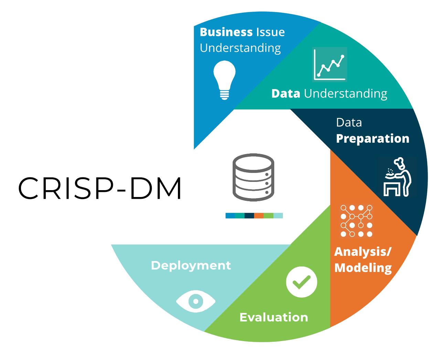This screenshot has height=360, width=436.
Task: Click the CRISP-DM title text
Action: pyautogui.click(x=100, y=188)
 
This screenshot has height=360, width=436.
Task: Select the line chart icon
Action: pyautogui.click(x=330, y=65)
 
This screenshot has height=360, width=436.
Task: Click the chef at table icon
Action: pyautogui.click(x=397, y=177)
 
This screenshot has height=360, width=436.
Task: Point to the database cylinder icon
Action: pyautogui.click(x=253, y=177)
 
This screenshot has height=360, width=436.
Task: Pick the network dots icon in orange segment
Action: pyautogui.click(x=356, y=221)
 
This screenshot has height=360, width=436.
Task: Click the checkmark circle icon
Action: pyautogui.click(x=301, y=282)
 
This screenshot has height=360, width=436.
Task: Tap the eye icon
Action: pyautogui.click(x=196, y=301)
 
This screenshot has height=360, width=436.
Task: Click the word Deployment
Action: pyautogui.click(x=191, y=265)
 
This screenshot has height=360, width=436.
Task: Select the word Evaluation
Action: pyautogui.click(x=274, y=317)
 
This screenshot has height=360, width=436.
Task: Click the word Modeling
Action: pyautogui.click(x=363, y=268)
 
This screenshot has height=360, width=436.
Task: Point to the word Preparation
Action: pyautogui.click(x=372, y=139)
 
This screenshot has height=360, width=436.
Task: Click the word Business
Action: pyautogui.click(x=225, y=32)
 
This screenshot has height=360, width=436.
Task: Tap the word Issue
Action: pyautogui.click(x=270, y=32)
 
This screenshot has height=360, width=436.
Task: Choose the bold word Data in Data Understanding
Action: pyautogui.click(x=286, y=94)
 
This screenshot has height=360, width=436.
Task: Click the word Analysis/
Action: pyautogui.click(x=363, y=252)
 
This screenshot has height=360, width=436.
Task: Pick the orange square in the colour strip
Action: pyautogui.click(x=259, y=216)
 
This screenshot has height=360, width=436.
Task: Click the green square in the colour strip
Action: pyautogui.click(x=268, y=216)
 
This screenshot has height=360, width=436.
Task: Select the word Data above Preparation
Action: pyautogui.click(x=349, y=122)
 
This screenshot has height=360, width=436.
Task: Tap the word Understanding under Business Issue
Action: pyautogui.click(x=240, y=48)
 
